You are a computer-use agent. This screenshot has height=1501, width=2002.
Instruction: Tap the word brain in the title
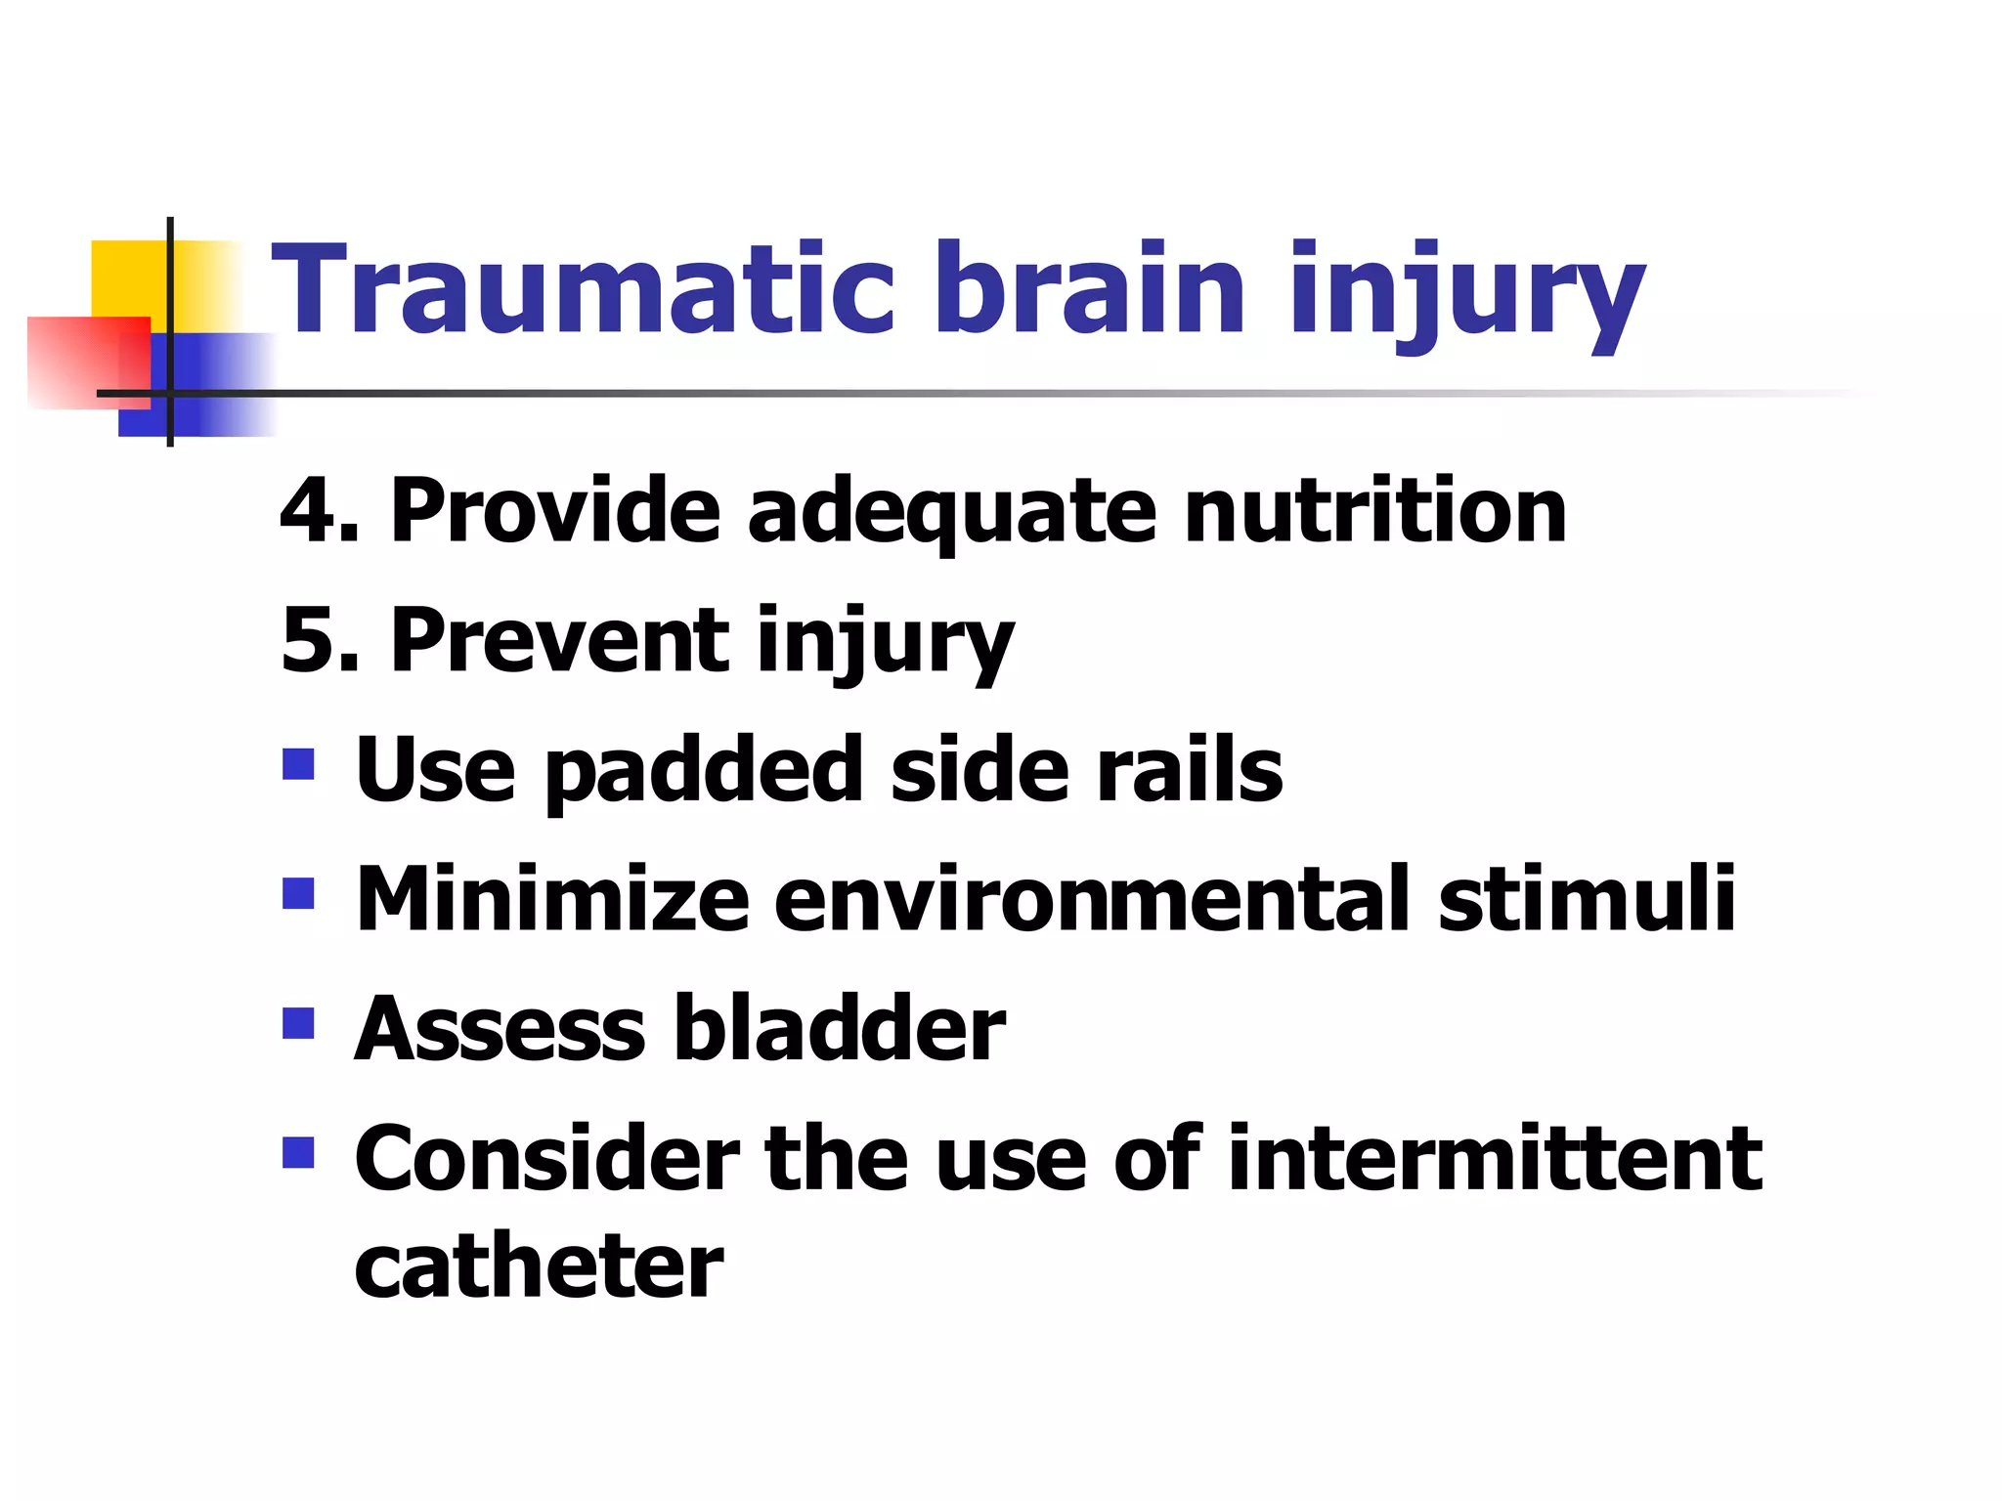1089,290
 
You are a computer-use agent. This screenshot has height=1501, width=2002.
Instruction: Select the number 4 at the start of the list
311,511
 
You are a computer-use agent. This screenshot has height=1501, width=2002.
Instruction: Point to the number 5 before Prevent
311,641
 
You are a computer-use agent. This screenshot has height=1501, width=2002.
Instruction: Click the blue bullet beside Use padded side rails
298,764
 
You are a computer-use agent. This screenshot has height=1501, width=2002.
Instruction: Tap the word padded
704,772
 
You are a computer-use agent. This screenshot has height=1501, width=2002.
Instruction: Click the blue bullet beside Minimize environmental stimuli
298,893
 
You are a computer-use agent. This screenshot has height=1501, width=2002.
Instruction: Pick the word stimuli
1586,899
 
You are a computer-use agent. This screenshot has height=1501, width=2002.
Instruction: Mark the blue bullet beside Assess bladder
298,1023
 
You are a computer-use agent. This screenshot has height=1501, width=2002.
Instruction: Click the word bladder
840,1028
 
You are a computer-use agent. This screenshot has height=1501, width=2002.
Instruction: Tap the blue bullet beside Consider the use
298,1153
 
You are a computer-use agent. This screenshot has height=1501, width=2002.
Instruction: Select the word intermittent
1495,1159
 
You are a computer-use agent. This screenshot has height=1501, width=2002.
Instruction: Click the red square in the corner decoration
83,362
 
